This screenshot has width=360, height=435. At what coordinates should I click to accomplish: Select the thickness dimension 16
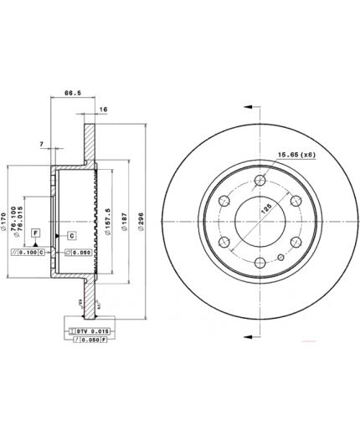[x=103, y=109]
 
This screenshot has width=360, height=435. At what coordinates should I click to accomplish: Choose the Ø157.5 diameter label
[x=106, y=219]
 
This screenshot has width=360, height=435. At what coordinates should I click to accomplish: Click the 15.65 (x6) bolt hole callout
[x=297, y=153]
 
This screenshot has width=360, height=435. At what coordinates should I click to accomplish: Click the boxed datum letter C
[x=71, y=236]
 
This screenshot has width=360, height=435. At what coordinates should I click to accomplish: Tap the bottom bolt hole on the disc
[x=260, y=262]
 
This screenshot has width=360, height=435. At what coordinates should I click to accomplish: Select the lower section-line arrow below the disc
[x=248, y=335]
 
